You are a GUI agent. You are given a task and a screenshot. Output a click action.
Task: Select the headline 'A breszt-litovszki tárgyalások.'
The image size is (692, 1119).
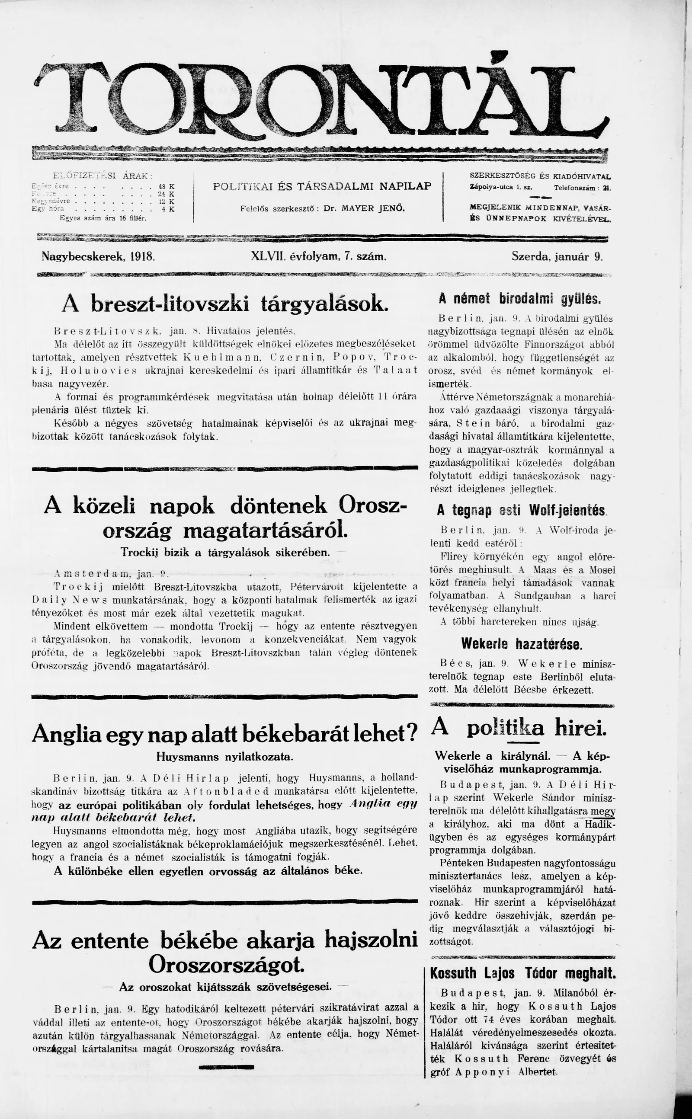pyautogui.click(x=225, y=303)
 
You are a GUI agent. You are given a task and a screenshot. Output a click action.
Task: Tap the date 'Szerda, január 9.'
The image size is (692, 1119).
pyautogui.click(x=557, y=257)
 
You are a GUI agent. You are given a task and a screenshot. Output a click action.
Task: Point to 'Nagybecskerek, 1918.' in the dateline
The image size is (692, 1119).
pyautogui.click(x=99, y=257)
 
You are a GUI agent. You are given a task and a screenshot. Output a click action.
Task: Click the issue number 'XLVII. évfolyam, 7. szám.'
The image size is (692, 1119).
pyautogui.click(x=319, y=257)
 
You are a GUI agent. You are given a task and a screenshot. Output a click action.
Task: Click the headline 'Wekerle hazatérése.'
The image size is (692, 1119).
pyautogui.click(x=521, y=644)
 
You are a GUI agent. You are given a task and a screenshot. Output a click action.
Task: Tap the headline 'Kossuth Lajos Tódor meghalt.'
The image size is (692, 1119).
pyautogui.click(x=522, y=973)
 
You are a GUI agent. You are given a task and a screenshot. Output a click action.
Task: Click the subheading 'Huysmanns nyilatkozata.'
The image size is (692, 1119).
pyautogui.click(x=225, y=757)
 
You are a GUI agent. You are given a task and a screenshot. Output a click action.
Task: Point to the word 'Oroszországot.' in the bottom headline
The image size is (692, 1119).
pyautogui.click(x=226, y=965)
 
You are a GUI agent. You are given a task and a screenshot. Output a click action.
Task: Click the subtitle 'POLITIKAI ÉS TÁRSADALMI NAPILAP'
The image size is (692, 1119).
pyautogui.click(x=322, y=186)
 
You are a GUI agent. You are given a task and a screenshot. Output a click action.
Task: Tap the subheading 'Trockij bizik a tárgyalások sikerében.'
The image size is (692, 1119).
pyautogui.click(x=225, y=553)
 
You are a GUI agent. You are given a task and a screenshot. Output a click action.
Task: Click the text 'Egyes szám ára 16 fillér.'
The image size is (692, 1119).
pyautogui.click(x=103, y=218)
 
